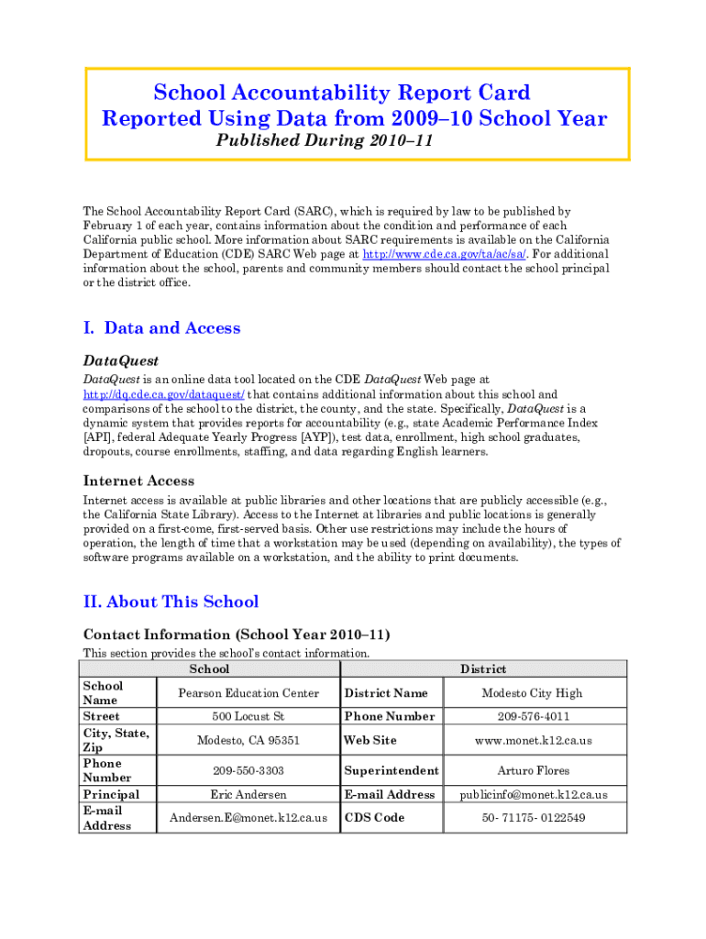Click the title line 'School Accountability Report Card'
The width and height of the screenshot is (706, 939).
click(x=341, y=93)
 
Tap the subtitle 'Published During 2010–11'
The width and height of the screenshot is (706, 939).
click(x=324, y=141)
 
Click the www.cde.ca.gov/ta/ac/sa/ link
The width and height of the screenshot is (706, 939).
click(x=445, y=254)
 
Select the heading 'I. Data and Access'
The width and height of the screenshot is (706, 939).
click(x=161, y=328)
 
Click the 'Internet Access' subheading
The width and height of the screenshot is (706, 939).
click(x=138, y=481)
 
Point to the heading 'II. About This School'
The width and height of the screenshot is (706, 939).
click(x=171, y=602)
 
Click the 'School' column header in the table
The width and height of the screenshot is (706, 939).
click(x=209, y=669)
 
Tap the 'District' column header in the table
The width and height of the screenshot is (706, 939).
click(x=483, y=669)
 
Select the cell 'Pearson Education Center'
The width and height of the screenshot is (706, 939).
click(x=248, y=693)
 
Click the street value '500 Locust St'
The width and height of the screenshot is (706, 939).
click(x=248, y=716)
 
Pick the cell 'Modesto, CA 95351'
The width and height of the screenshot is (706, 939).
click(x=248, y=740)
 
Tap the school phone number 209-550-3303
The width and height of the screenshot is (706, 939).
click(x=248, y=771)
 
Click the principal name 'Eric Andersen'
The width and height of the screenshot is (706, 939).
click(x=248, y=794)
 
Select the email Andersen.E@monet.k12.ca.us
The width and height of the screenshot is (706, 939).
click(x=248, y=818)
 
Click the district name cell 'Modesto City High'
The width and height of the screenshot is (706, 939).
click(x=534, y=693)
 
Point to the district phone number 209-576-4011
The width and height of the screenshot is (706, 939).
click(x=534, y=716)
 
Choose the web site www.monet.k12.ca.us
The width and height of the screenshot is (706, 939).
click(x=534, y=740)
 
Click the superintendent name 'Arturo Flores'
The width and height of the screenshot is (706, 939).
click(x=534, y=771)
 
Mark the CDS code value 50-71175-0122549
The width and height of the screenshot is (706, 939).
click(x=534, y=818)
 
